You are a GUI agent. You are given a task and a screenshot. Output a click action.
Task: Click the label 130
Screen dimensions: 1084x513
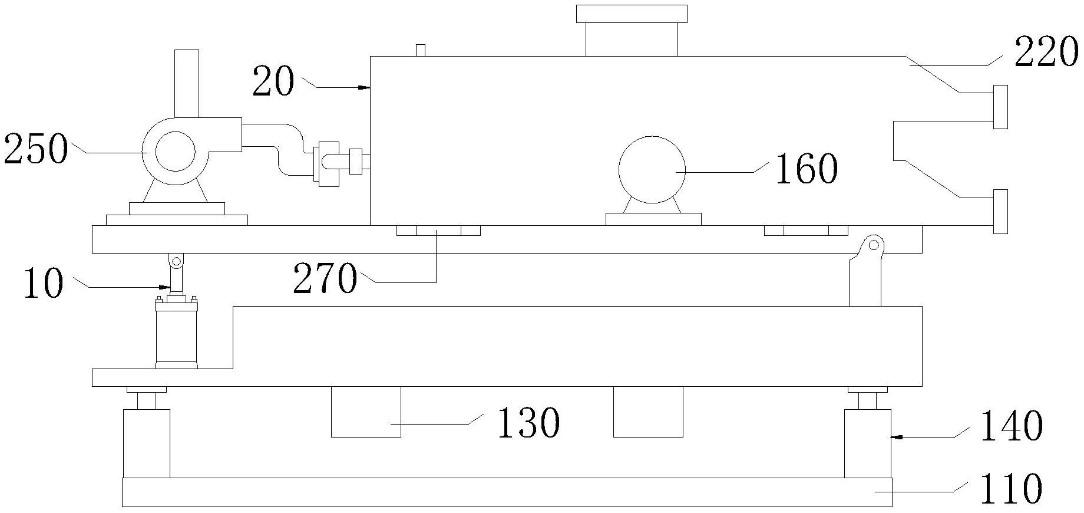click(x=528, y=423)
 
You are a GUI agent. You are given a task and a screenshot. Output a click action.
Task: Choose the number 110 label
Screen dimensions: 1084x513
click(x=1011, y=489)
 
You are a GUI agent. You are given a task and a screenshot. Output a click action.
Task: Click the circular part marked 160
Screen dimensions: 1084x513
click(x=652, y=170)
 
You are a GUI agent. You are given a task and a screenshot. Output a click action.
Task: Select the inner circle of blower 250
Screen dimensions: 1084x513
click(x=175, y=151)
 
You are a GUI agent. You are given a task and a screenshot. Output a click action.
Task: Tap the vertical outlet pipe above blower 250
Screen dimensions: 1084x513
click(x=187, y=83)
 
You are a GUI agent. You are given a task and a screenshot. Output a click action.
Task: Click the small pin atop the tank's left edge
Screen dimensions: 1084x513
click(x=421, y=50)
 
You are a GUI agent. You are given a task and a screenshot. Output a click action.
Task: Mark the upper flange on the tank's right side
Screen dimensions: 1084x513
click(x=1000, y=107)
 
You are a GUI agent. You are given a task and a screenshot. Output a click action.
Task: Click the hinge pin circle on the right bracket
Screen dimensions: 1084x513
click(x=874, y=244)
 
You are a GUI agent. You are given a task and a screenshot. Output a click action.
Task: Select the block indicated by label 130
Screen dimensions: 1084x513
click(x=366, y=412)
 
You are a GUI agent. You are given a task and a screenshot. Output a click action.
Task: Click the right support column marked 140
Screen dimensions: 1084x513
click(x=867, y=443)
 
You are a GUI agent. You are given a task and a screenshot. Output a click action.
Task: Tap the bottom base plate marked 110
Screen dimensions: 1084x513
click(x=507, y=492)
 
